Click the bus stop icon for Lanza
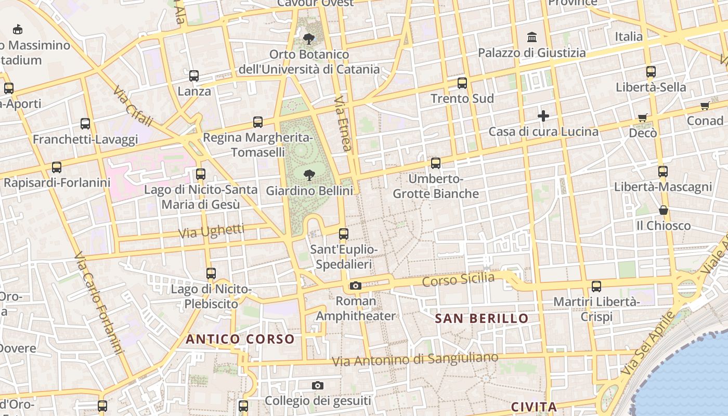[194, 76]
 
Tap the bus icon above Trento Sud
[462, 83]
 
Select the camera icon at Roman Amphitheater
[356, 285]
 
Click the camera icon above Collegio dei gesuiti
[318, 385]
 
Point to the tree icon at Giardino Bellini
[309, 175]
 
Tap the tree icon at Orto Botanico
[309, 38]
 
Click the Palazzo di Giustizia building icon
[532, 37]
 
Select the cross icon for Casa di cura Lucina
[543, 116]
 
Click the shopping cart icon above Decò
[643, 118]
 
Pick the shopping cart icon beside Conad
[705, 106]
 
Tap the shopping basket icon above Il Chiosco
[663, 210]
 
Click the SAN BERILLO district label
[482, 318]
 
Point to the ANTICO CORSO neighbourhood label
[240, 340]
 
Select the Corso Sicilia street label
[458, 280]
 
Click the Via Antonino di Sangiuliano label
[415, 359]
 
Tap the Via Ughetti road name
[211, 231]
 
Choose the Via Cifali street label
[133, 107]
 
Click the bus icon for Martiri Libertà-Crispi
[596, 286]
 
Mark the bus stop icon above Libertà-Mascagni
[662, 171]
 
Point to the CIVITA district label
[534, 407]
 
